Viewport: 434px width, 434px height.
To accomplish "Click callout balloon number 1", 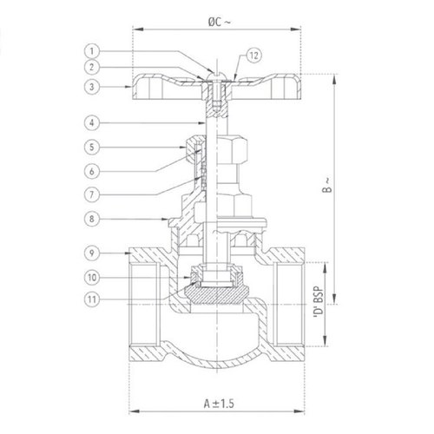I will coord(94,51).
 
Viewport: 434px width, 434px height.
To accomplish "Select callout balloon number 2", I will coord(94,67).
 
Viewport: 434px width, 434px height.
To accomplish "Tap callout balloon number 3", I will coord(94,86).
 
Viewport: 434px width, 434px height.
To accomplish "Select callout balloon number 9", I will coord(94,253).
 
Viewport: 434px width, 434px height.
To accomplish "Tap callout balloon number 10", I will coord(94,278).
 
